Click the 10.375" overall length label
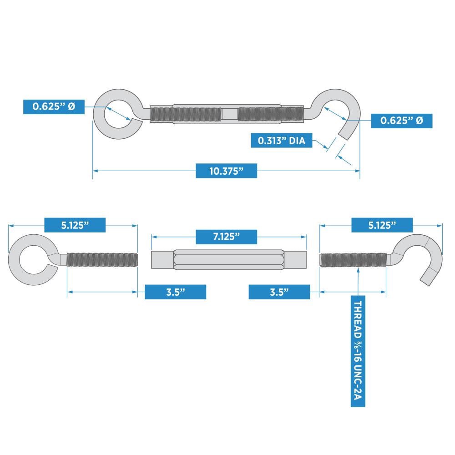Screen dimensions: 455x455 coord(226,171)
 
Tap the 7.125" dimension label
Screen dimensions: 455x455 coord(226,237)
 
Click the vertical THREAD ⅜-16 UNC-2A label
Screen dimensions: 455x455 coord(358,353)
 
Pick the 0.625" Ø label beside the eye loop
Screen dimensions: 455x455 coord(53,107)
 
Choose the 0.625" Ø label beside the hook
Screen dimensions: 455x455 coord(401,121)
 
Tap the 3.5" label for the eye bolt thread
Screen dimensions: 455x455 coord(175,292)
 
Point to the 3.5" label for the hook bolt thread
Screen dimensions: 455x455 coord(279,292)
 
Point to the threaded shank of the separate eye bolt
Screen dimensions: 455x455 coord(102,259)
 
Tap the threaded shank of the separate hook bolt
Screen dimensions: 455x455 coord(353,259)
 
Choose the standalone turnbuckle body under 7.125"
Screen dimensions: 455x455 coord(229,259)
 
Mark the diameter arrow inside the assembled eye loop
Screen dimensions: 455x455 coord(119,112)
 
